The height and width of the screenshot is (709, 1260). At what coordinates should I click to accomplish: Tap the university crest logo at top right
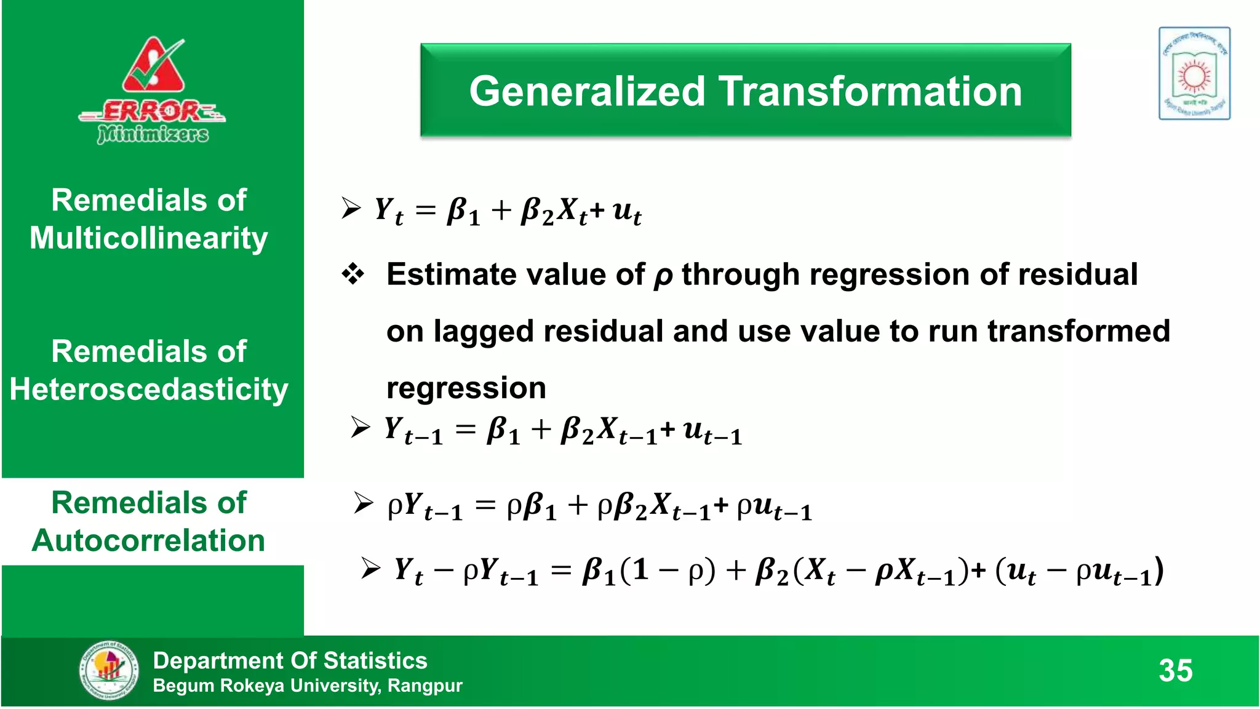click(x=1194, y=73)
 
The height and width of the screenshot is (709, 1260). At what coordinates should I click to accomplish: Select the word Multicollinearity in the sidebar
click(x=149, y=238)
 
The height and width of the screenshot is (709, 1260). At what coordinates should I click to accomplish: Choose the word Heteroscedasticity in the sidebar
click(x=149, y=390)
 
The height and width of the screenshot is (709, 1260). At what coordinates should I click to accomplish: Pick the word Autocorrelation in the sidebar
click(x=149, y=541)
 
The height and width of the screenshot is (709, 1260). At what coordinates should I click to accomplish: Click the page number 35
click(x=1175, y=670)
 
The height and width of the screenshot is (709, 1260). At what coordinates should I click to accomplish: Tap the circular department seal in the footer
click(x=109, y=670)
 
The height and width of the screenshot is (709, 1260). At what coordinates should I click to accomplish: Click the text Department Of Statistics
click(x=290, y=660)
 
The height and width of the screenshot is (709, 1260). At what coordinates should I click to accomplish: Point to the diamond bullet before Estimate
click(x=353, y=274)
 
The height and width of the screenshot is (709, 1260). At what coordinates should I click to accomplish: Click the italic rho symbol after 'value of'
click(x=663, y=277)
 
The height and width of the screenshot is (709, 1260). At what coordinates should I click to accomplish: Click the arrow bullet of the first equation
click(x=351, y=208)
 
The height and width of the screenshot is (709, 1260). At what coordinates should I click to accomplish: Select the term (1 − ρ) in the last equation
click(x=668, y=570)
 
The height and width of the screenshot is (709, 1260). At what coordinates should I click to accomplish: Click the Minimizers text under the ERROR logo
click(x=153, y=134)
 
